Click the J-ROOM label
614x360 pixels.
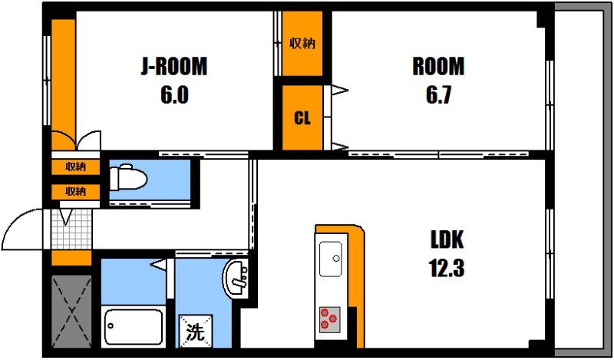tap(173, 67)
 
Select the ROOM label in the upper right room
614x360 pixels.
tap(438, 67)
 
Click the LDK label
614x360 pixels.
tap(446, 239)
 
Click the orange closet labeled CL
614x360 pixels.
tap(302, 118)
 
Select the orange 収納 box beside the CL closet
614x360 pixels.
tap(302, 44)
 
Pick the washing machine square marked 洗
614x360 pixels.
tap(196, 332)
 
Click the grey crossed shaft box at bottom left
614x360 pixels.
tap(71, 310)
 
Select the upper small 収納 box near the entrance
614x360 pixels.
tap(75, 167)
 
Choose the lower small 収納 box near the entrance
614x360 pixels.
tap(75, 191)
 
